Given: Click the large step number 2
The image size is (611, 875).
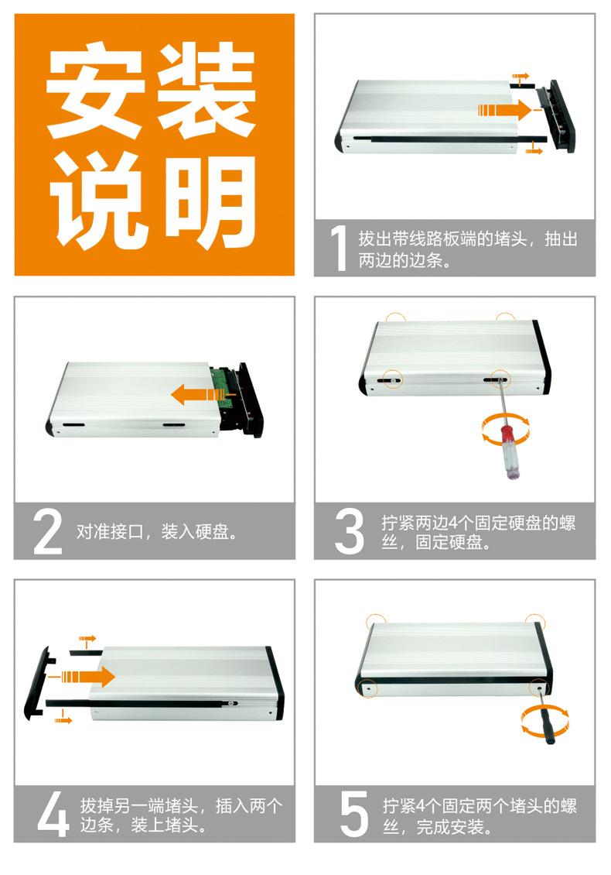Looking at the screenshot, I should [x=47, y=532].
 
